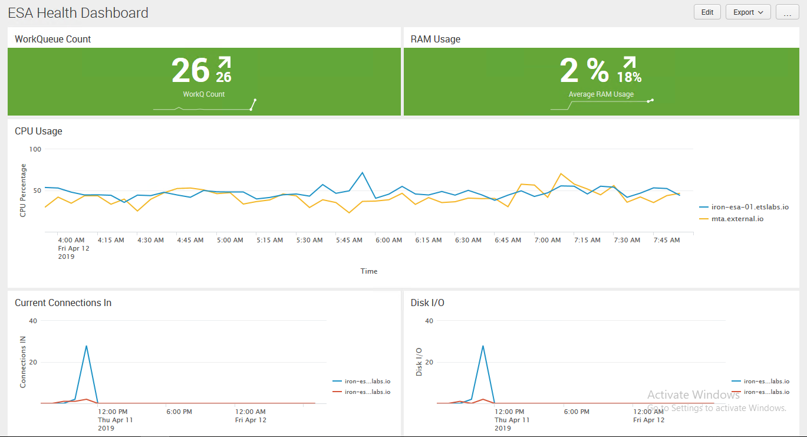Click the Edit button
pos(707,12)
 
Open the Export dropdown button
pos(748,12)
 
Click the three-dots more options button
pos(788,12)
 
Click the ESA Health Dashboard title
pos(78,12)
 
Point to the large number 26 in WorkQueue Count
pos(190,70)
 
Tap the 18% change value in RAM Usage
pos(630,77)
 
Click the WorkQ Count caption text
pos(204,94)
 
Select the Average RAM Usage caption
pos(601,94)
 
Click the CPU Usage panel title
pos(38,131)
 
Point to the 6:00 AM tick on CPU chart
pos(389,240)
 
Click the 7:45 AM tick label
pos(667,240)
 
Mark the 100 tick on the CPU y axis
pos(35,149)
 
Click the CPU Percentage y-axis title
pos(23,190)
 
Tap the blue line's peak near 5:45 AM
pos(363,173)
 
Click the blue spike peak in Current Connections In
pos(87,346)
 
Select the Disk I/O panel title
pos(427,303)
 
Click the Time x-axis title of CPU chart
pos(369,271)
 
